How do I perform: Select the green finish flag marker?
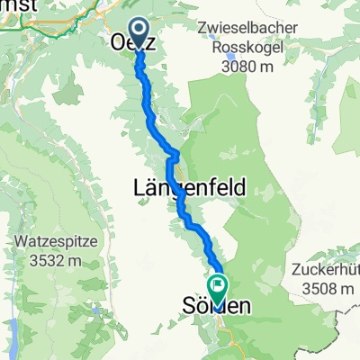[217, 286]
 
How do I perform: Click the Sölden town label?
[217, 306]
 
